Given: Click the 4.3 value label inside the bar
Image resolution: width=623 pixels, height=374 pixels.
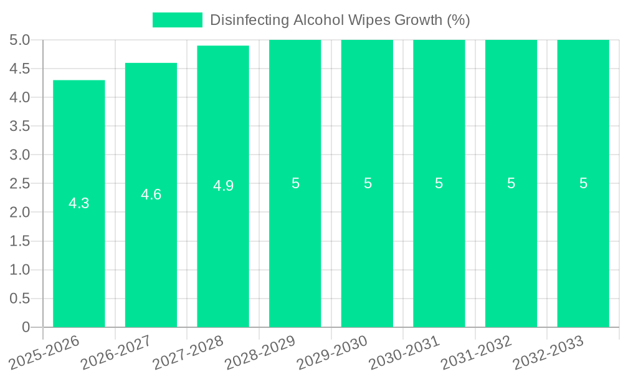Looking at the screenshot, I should pyautogui.click(x=78, y=203).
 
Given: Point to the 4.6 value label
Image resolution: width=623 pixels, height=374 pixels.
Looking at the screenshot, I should pyautogui.click(x=151, y=194).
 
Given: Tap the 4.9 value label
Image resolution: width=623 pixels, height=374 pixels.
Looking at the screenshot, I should pyautogui.click(x=223, y=186).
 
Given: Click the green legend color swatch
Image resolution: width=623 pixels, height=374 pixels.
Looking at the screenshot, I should pyautogui.click(x=178, y=20).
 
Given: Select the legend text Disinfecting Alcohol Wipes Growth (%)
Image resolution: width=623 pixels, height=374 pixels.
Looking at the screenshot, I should pyautogui.click(x=340, y=20).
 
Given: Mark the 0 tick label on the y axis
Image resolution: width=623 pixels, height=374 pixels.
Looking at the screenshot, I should pyautogui.click(x=26, y=327).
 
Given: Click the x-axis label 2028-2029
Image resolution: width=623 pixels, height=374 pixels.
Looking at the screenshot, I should pyautogui.click(x=260, y=353).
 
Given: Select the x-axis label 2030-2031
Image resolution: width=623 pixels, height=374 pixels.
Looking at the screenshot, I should pyautogui.click(x=404, y=353).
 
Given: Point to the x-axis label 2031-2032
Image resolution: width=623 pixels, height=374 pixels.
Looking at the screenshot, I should pyautogui.click(x=476, y=353).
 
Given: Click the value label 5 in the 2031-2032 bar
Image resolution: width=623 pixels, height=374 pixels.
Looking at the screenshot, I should pyautogui.click(x=511, y=183).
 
